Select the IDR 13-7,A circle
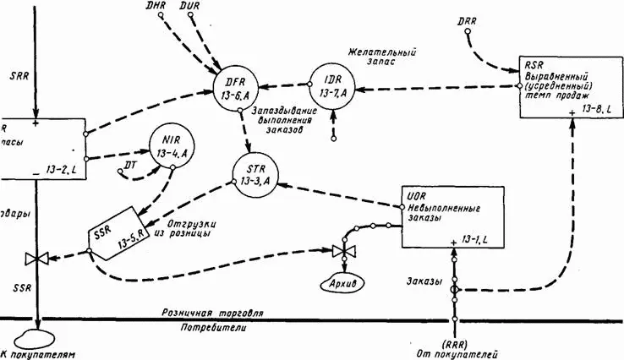coord(331,85)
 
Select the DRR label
coord(467,19)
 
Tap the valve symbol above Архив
coord(341,251)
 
